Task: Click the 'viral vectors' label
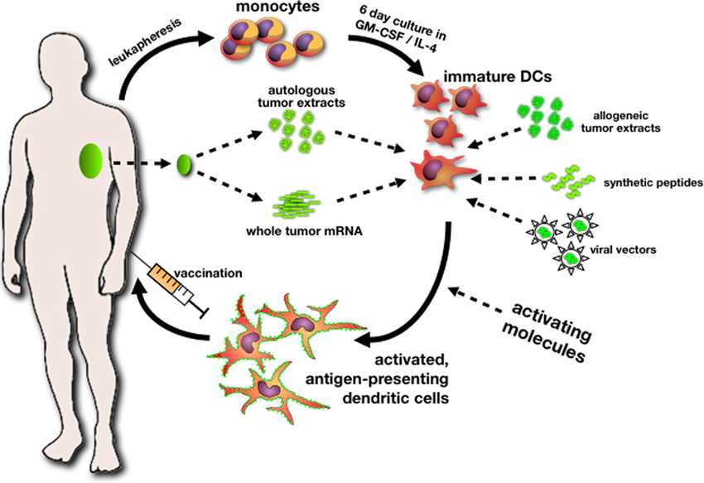(633, 249)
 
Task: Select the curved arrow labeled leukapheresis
(157, 58)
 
